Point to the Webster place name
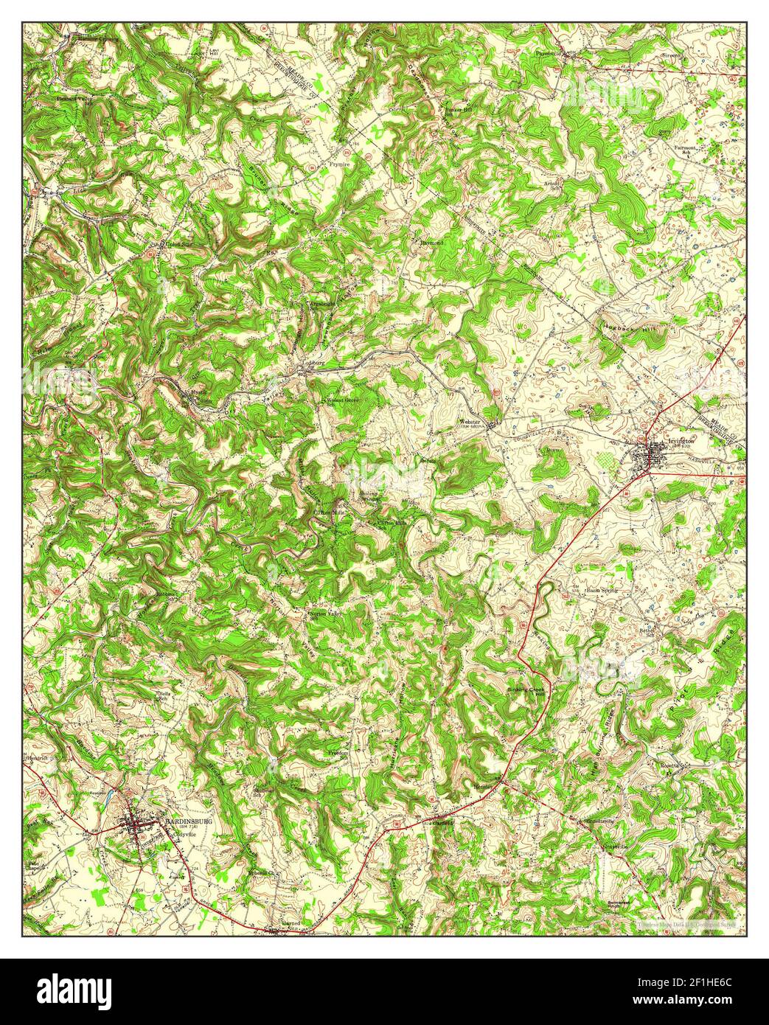(x=470, y=422)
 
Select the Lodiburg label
(x=315, y=363)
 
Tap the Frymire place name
(x=339, y=165)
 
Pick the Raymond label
(x=432, y=242)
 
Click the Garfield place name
(x=442, y=822)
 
